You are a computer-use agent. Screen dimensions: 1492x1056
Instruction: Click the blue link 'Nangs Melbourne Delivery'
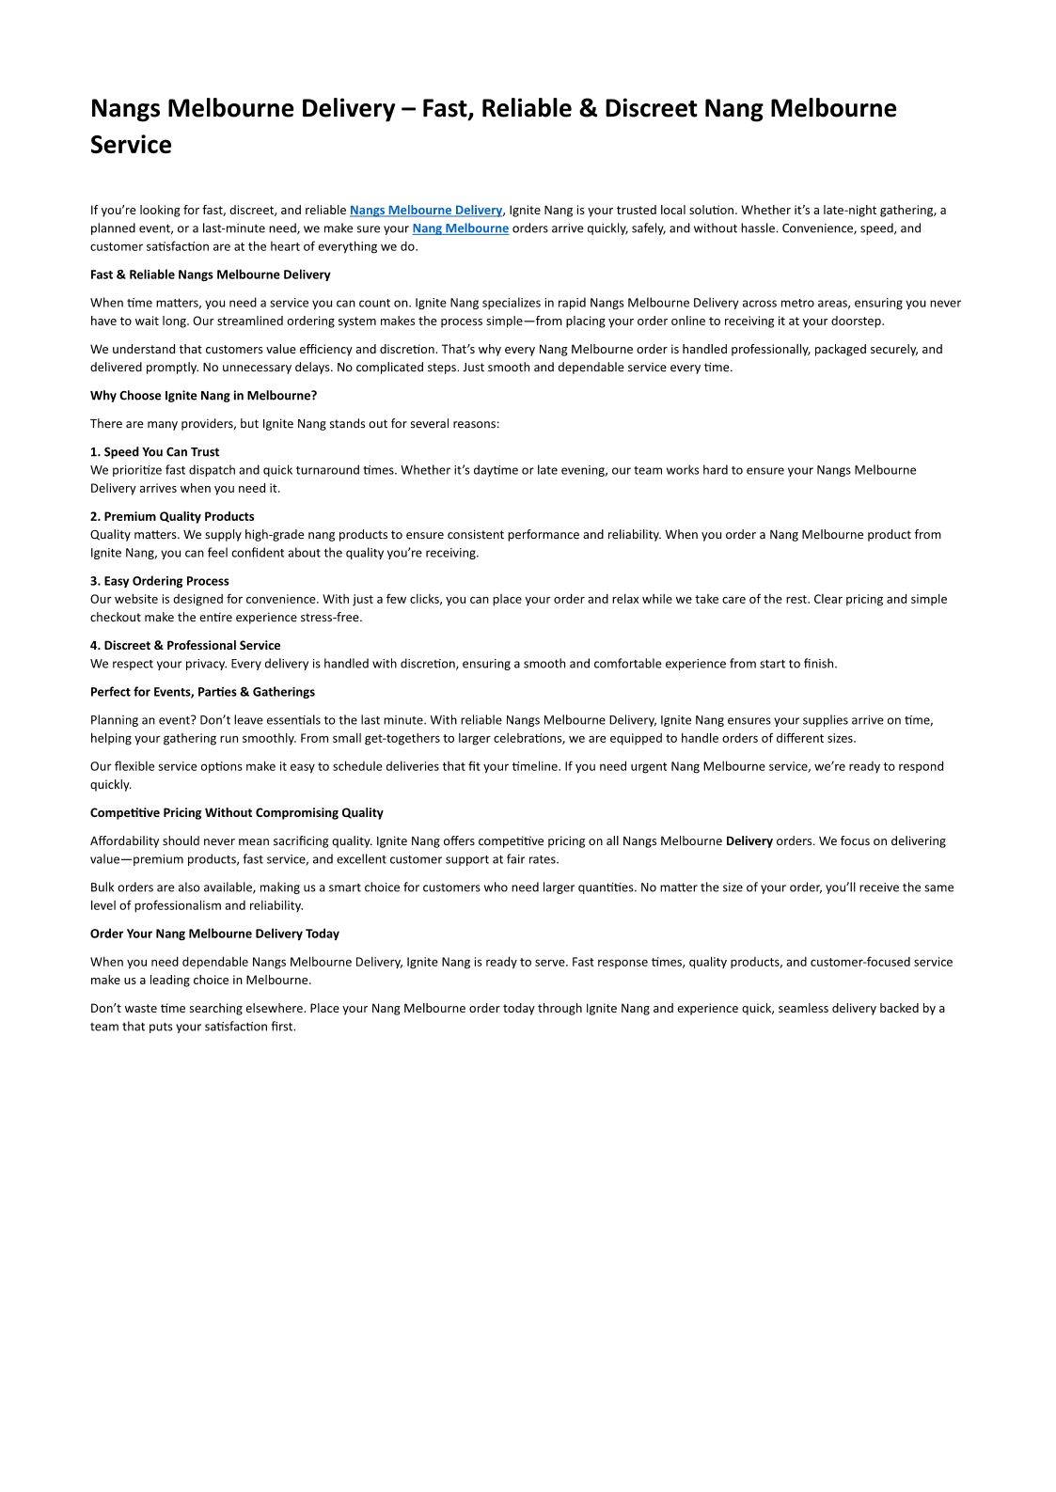(x=426, y=211)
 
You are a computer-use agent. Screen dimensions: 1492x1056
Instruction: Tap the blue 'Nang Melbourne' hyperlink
(x=460, y=228)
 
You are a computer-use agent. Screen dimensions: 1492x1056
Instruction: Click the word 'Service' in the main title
(x=131, y=145)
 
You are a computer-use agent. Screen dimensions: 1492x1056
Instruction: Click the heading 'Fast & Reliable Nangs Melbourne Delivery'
(x=210, y=275)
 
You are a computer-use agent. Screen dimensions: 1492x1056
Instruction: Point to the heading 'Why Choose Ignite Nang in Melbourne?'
(x=203, y=396)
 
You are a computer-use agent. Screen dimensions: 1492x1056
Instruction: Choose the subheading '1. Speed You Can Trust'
(x=154, y=452)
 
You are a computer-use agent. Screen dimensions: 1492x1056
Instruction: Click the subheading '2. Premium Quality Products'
(x=172, y=516)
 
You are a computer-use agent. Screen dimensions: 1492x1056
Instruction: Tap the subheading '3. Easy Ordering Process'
(x=159, y=581)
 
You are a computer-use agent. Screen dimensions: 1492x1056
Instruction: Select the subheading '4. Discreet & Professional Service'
(x=185, y=645)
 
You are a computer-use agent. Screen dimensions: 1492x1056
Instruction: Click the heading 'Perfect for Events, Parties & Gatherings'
(x=202, y=692)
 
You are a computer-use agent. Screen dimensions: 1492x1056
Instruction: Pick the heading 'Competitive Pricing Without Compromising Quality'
(x=236, y=813)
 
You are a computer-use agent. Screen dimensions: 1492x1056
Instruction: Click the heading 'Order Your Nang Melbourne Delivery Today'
(x=214, y=934)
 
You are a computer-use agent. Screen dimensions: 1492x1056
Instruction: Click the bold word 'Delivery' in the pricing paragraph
(x=749, y=841)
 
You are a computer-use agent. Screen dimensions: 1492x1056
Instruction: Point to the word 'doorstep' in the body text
(x=857, y=322)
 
